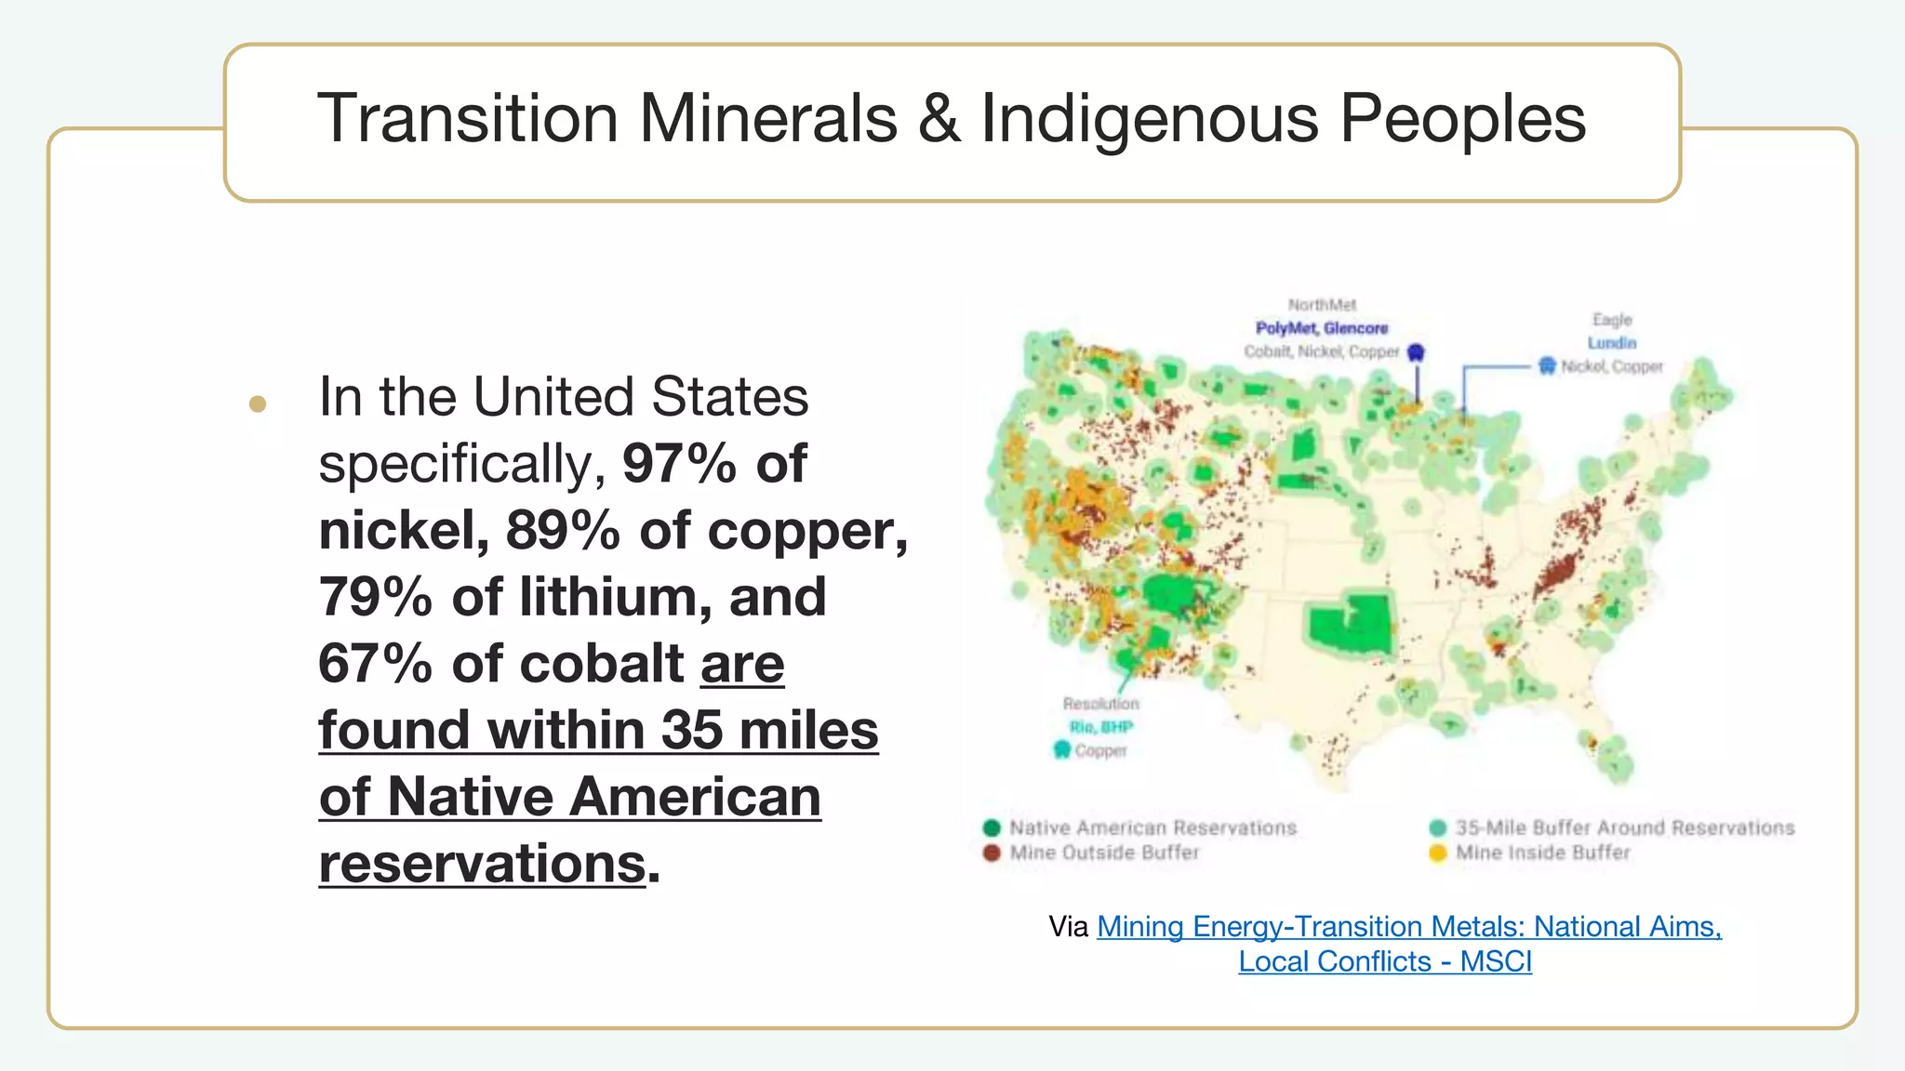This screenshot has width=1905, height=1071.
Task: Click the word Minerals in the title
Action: click(x=768, y=119)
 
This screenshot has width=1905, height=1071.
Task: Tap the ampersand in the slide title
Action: click(x=939, y=119)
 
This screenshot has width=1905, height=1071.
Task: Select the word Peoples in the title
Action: click(x=1462, y=119)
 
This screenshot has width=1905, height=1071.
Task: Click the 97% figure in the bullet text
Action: click(x=679, y=463)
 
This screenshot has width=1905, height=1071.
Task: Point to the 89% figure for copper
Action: click(x=562, y=530)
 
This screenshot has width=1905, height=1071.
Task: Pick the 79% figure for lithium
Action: click(x=375, y=597)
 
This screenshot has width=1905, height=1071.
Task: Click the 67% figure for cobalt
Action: click(x=375, y=664)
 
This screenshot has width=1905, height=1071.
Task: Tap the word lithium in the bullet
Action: click(x=615, y=597)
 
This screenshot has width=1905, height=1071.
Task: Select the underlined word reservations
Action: click(x=482, y=864)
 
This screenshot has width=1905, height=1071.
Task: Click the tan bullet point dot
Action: click(x=258, y=403)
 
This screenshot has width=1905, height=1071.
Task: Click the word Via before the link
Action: click(x=1068, y=927)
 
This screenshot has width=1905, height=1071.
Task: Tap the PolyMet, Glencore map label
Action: click(x=1321, y=328)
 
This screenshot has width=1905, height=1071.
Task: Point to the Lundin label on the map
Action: click(x=1611, y=343)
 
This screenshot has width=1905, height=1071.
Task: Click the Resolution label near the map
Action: click(x=1100, y=704)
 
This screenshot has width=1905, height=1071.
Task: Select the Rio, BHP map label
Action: click(x=1100, y=727)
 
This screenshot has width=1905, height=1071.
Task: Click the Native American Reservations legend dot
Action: click(x=992, y=827)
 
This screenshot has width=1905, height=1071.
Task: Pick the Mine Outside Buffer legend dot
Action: click(x=992, y=853)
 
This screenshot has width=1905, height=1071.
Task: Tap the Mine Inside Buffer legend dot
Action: click(x=1438, y=853)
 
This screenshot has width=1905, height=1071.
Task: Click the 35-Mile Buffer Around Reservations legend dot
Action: click(x=1438, y=827)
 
